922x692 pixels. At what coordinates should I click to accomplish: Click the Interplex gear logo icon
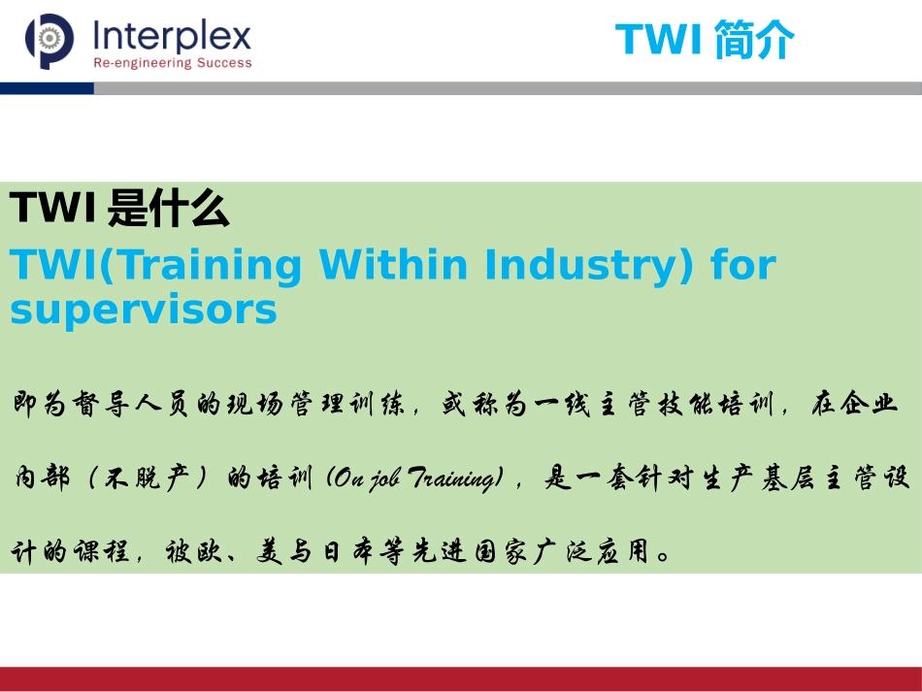[49, 42]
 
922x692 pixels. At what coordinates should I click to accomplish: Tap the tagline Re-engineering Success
[172, 64]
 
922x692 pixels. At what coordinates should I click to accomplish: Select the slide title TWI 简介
[705, 40]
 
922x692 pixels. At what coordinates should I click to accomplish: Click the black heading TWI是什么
[118, 209]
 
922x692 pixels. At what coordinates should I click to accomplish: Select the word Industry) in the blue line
[590, 265]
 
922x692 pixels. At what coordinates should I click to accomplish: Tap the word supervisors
[143, 311]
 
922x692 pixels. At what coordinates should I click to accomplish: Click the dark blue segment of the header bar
[47, 88]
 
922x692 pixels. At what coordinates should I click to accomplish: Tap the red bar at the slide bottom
[461, 678]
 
